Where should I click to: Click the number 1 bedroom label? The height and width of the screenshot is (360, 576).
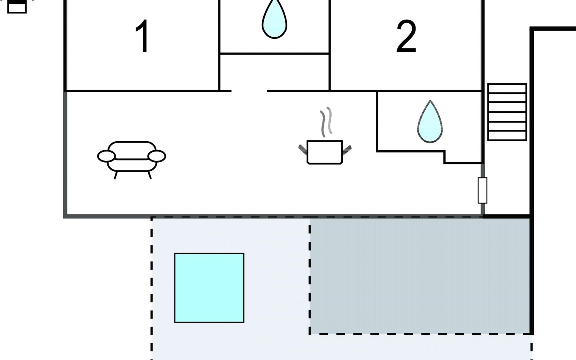click(142, 36)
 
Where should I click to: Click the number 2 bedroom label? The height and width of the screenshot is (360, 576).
click(406, 37)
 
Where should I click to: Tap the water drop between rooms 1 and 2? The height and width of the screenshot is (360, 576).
click(274, 19)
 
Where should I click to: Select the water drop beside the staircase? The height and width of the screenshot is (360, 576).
click(430, 121)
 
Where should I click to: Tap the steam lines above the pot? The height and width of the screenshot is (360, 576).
click(326, 121)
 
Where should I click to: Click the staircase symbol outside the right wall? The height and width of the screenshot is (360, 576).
click(507, 112)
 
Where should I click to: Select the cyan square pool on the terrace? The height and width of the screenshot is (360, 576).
click(209, 288)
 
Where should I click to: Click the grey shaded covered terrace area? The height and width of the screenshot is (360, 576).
click(420, 276)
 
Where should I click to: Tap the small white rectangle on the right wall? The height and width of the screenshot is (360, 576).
click(482, 190)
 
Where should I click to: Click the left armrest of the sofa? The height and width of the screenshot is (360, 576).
click(106, 156)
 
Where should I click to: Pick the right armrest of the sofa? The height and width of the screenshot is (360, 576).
click(157, 156)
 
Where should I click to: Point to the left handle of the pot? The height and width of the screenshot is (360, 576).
click(303, 149)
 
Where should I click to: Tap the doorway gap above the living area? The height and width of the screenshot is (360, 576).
click(249, 91)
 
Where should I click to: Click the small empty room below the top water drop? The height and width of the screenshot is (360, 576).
click(274, 72)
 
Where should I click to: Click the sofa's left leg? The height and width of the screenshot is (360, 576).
click(115, 175)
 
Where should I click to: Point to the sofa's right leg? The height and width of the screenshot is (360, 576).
click(149, 175)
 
